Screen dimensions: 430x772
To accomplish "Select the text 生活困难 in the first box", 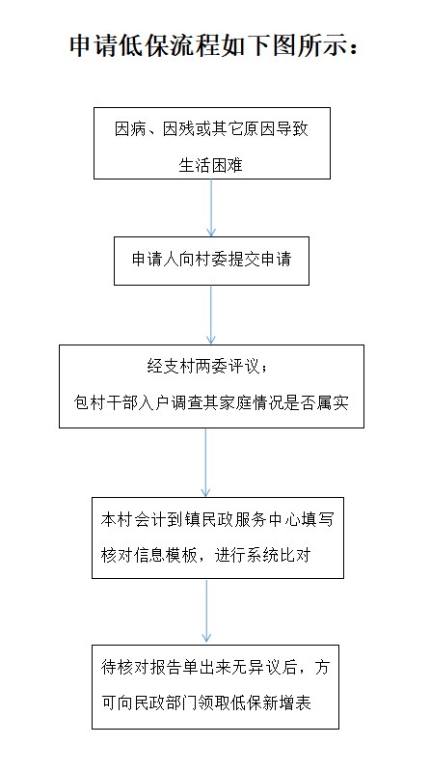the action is pyautogui.click(x=210, y=165).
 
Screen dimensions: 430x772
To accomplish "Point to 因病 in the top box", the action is pyautogui.click(x=130, y=129).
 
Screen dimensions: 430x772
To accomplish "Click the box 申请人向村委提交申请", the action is pyautogui.click(x=211, y=261).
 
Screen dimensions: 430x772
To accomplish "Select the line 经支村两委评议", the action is pyautogui.click(x=204, y=366).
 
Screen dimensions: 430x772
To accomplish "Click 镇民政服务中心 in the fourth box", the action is pyautogui.click(x=242, y=520).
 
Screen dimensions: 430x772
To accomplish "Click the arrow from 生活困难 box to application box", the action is pyautogui.click(x=211, y=207).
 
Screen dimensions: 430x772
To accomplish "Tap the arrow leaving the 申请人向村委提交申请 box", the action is pyautogui.click(x=211, y=316).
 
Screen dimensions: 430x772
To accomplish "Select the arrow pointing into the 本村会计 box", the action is pyautogui.click(x=205, y=463).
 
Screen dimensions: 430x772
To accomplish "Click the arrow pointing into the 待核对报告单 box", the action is pyautogui.click(x=206, y=612).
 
